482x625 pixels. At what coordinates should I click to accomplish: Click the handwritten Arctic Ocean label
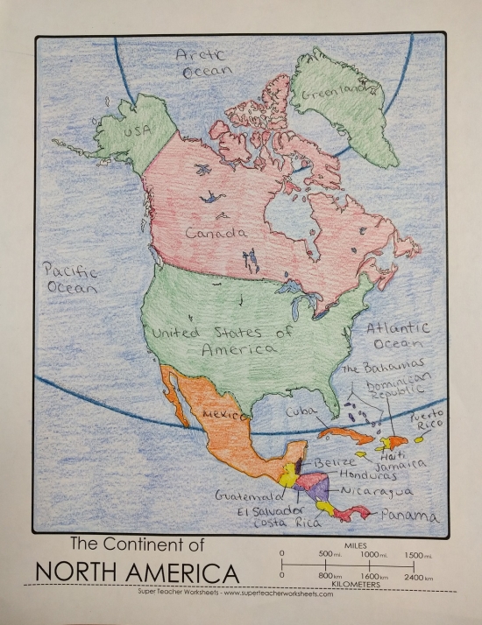pos(206,64)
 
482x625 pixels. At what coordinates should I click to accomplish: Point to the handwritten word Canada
pos(216,234)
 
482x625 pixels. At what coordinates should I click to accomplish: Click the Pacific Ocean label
pos(72,279)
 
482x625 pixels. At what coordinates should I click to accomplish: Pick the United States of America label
pos(223,340)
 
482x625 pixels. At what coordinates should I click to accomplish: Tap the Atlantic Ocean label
pos(398,336)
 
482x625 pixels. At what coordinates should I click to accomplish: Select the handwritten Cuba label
pos(300,410)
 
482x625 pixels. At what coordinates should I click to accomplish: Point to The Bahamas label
pos(385,366)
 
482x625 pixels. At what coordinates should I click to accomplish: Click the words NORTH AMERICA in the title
pos(136,573)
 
